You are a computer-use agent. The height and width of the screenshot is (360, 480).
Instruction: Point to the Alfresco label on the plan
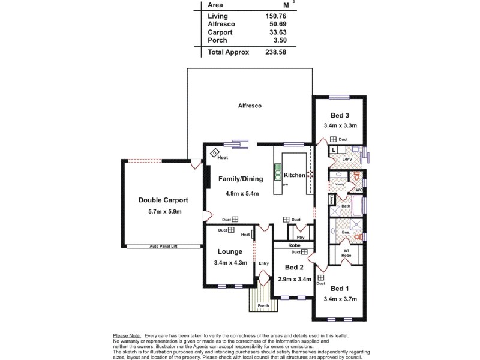coord(250,106)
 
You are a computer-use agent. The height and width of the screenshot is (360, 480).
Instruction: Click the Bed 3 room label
coord(340,115)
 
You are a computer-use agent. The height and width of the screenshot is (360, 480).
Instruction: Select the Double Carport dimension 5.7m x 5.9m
coord(164,212)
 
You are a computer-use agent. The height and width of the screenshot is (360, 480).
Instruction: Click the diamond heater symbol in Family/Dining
coord(214,154)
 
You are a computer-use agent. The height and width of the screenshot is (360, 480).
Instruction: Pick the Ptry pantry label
coord(300,238)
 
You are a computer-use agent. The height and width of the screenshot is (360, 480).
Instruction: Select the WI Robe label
coord(346,253)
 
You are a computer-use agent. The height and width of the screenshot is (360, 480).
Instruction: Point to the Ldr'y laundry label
coord(347,159)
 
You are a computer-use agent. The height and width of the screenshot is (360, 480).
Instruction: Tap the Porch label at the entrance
coord(263,305)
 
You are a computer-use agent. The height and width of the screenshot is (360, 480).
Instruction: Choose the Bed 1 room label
coord(339,288)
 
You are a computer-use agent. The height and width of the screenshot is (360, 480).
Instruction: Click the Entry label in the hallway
coord(263,263)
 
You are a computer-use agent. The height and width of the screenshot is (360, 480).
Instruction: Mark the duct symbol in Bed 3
coord(334,139)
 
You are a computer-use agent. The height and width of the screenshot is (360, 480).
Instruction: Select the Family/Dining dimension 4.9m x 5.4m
coord(241,194)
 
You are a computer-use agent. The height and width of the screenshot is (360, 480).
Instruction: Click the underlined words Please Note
coord(127,335)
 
